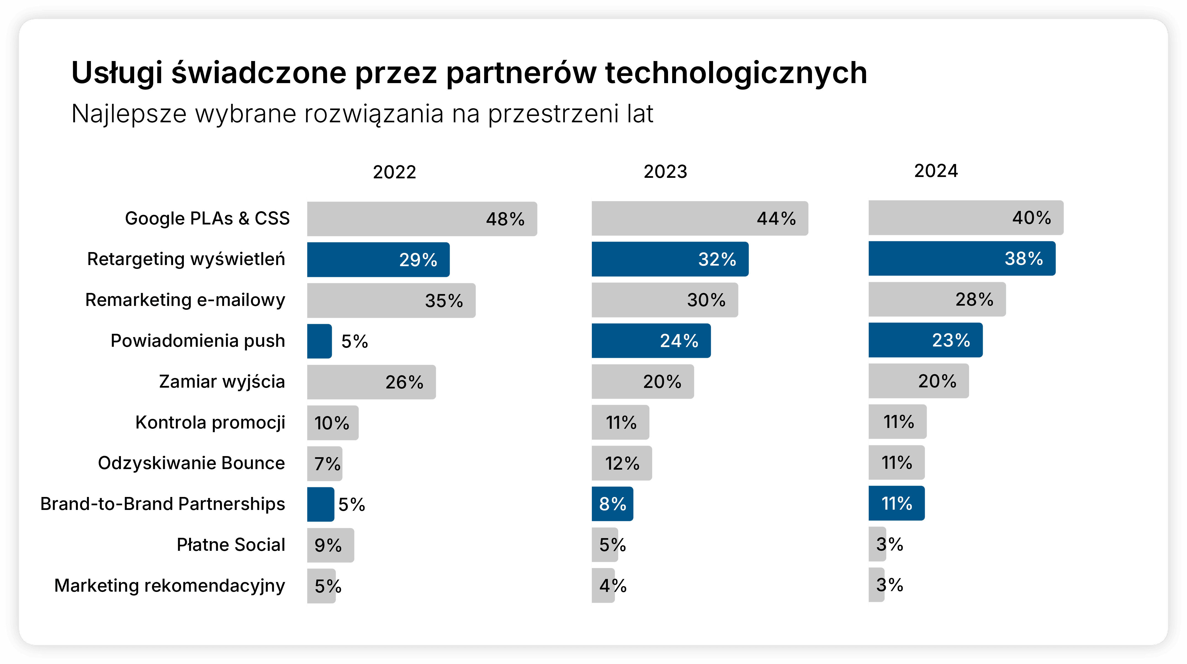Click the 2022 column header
click(394, 172)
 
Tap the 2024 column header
click(936, 171)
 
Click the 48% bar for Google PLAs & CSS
click(422, 219)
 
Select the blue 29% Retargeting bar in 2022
click(378, 260)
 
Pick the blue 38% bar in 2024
click(962, 258)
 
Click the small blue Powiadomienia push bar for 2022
click(319, 341)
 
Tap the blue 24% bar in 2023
click(651, 340)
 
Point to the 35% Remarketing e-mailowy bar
click(391, 300)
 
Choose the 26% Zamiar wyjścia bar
click(371, 382)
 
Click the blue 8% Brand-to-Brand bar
click(612, 504)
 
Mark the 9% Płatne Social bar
click(330, 545)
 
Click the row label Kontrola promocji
click(210, 422)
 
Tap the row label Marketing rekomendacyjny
click(169, 586)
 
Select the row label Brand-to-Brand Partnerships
click(163, 504)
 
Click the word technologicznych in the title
click(736, 73)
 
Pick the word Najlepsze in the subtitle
click(129, 114)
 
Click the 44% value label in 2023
click(776, 218)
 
